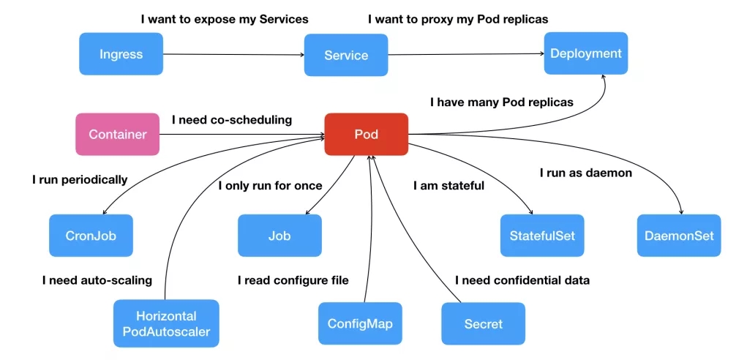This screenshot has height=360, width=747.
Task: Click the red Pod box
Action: click(x=366, y=134)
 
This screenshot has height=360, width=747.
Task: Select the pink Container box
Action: click(x=117, y=134)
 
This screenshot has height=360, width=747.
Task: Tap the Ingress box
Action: click(x=121, y=54)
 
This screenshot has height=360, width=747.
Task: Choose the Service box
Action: click(x=346, y=55)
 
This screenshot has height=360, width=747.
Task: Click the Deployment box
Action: click(x=585, y=53)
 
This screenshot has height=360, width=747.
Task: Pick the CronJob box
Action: click(x=91, y=236)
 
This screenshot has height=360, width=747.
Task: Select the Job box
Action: click(x=279, y=236)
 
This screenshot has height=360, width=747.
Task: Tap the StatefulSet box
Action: click(x=542, y=236)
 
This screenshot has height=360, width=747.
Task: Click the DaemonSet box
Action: click(x=679, y=236)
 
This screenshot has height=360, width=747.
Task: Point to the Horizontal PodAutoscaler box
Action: click(x=166, y=323)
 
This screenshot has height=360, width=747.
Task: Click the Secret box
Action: click(x=483, y=323)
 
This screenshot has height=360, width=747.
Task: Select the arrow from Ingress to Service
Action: click(x=233, y=54)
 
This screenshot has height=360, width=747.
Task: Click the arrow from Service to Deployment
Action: click(x=465, y=53)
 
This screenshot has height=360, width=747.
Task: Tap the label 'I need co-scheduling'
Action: click(x=231, y=119)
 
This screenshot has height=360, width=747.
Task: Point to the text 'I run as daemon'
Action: click(x=585, y=173)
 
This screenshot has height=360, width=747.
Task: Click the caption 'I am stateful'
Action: click(x=448, y=186)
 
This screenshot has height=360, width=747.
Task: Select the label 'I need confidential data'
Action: click(x=522, y=280)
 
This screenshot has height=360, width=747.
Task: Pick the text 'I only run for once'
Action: click(x=270, y=186)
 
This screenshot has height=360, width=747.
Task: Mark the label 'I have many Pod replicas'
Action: click(x=501, y=102)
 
